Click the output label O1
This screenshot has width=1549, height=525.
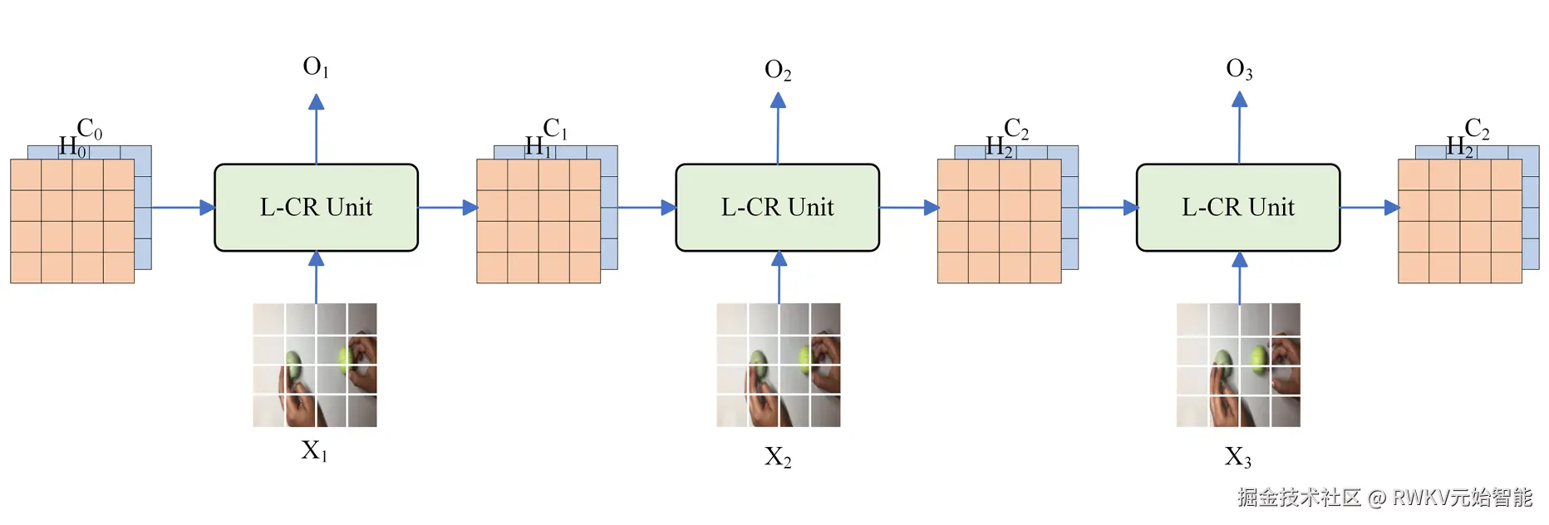coord(316,67)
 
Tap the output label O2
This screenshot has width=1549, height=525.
coord(778,71)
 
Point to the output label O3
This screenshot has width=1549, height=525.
coord(1239,70)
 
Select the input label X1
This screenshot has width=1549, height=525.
coord(314,451)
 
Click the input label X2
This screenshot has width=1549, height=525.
coord(778,457)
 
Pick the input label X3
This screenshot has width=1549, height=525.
coord(1237,457)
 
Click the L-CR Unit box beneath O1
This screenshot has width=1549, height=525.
coord(316,208)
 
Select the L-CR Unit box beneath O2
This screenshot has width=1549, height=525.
coord(777,208)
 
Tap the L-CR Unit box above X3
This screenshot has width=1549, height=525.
coord(1238,208)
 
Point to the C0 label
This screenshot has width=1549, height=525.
coord(89,129)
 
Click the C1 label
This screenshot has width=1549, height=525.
coord(554,129)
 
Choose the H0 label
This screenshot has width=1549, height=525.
coord(71,148)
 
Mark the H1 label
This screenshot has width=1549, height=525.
coord(538,148)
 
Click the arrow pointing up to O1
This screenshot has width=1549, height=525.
coord(316,129)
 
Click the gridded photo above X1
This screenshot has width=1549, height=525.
coord(315,365)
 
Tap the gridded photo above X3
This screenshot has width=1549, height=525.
coord(1238,365)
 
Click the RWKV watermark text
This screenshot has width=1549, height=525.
coord(1384,498)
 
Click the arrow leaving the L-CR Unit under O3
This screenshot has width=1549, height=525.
coord(1370,208)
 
